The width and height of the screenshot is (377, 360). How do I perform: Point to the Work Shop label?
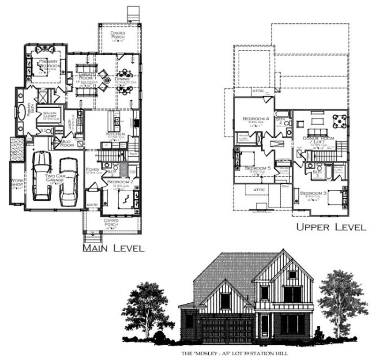(x=17, y=182)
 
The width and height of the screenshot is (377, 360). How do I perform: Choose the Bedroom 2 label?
(x=121, y=181)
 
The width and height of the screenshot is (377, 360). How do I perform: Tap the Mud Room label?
(x=67, y=143)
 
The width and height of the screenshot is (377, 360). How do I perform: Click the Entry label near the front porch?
(x=92, y=204)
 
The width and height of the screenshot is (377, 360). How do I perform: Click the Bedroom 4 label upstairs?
(x=256, y=119)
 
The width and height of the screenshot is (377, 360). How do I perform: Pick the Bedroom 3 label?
(x=313, y=194)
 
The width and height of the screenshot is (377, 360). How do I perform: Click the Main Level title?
(x=113, y=248)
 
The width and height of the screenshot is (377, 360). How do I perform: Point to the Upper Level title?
(x=331, y=228)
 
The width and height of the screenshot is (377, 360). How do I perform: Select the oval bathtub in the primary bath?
(x=22, y=113)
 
